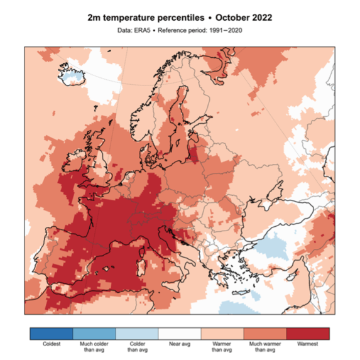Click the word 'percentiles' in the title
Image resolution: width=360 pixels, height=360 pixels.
pyautogui.click(x=174, y=18)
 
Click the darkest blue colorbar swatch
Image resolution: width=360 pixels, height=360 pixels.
pyautogui.click(x=51, y=332)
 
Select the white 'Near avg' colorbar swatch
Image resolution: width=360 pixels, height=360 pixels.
pyautogui.click(x=180, y=332)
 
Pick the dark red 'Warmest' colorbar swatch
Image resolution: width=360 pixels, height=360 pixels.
pyautogui.click(x=308, y=332)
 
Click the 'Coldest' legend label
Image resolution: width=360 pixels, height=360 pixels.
pyautogui.click(x=51, y=344)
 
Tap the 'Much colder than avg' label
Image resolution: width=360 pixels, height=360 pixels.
pyautogui.click(x=94, y=347)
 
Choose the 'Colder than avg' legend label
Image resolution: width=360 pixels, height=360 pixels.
pyautogui.click(x=137, y=347)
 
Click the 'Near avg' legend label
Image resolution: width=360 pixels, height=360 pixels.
pyautogui.click(x=180, y=344)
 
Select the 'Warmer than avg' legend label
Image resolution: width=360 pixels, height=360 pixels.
pyautogui.click(x=222, y=347)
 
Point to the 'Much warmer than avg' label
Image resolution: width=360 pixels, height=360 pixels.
pyautogui.click(x=266, y=347)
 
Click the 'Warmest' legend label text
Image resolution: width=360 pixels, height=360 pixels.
pyautogui.click(x=308, y=344)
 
